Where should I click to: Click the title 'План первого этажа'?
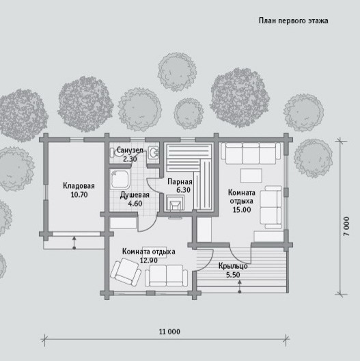coord(293,21)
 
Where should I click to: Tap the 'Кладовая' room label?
coord(79,186)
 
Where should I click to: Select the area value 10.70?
coord(79,195)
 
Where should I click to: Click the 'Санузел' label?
coord(130,150)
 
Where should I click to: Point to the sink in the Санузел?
coord(154,152)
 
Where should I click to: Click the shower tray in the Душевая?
coord(120,179)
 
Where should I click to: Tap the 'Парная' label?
coord(180,182)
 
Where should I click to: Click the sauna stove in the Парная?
coord(176,202)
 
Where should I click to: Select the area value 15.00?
coord(242,210)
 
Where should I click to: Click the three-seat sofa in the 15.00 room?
coord(251,153)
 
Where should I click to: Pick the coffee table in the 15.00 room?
coord(251,176)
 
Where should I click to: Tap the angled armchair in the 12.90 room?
coord(126,272)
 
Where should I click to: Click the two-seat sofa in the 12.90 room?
coord(166,276)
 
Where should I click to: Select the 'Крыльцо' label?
coord(233,266)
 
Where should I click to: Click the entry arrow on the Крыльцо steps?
coord(240,286)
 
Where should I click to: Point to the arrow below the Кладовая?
coord(74,243)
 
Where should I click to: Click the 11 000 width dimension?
coord(170,332)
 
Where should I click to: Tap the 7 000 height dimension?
coord(346,226)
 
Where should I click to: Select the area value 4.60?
coord(135,204)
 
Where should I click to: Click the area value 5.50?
coord(233,275)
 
